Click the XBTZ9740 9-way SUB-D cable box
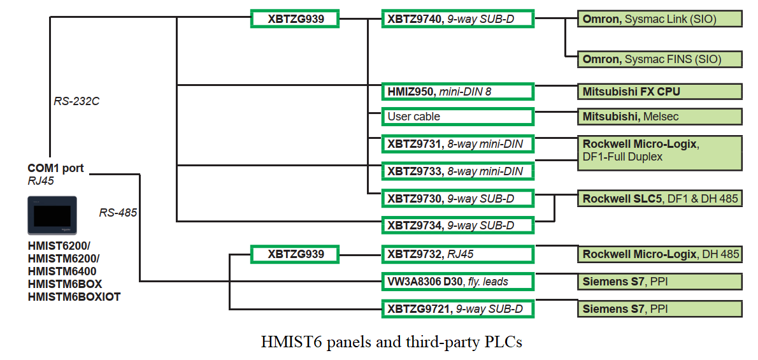coord(457,19)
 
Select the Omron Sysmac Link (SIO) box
coord(660,19)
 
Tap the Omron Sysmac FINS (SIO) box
coord(660,59)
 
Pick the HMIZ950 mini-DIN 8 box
coord(457,91)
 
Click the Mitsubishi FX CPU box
coord(660,91)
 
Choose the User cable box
coord(457,117)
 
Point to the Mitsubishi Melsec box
coord(660,117)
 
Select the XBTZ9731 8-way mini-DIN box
coord(457,144)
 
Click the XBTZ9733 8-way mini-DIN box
coord(457,171)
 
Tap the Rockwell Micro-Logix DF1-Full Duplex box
coord(660,153)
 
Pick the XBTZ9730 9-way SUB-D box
coord(457,198)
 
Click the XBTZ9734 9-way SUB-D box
coord(457,225)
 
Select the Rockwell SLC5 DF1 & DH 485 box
coord(660,199)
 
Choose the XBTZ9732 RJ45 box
coord(457,254)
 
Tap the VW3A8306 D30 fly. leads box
coord(457,281)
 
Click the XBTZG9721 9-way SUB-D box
coord(457,309)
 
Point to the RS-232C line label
coord(76,101)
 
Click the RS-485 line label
coord(118,212)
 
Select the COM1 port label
coord(55,168)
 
